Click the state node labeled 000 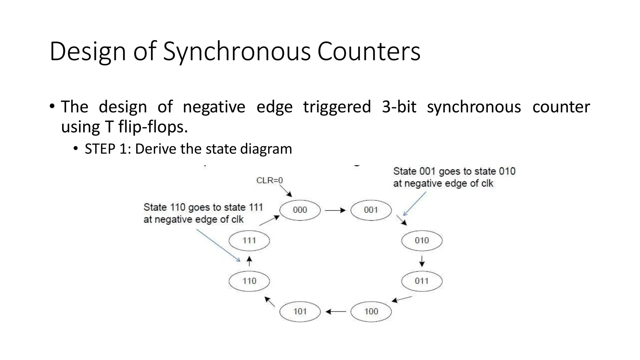pos(300,210)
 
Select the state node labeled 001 pos(371,210)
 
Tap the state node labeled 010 pos(422,241)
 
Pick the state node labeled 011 pos(422,281)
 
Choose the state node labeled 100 pos(371,312)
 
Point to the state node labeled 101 pos(300,312)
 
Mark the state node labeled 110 pos(249,281)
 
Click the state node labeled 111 pos(249,241)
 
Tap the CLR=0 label pos(269,180)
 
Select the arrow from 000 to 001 pos(335,210)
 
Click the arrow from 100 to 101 pos(336,312)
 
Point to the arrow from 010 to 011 pos(422,261)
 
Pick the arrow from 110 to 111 pos(249,261)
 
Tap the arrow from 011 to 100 pos(402,299)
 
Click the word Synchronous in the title pos(237,51)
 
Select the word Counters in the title pos(369,51)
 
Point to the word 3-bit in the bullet pos(399,107)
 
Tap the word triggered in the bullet pos(337,107)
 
